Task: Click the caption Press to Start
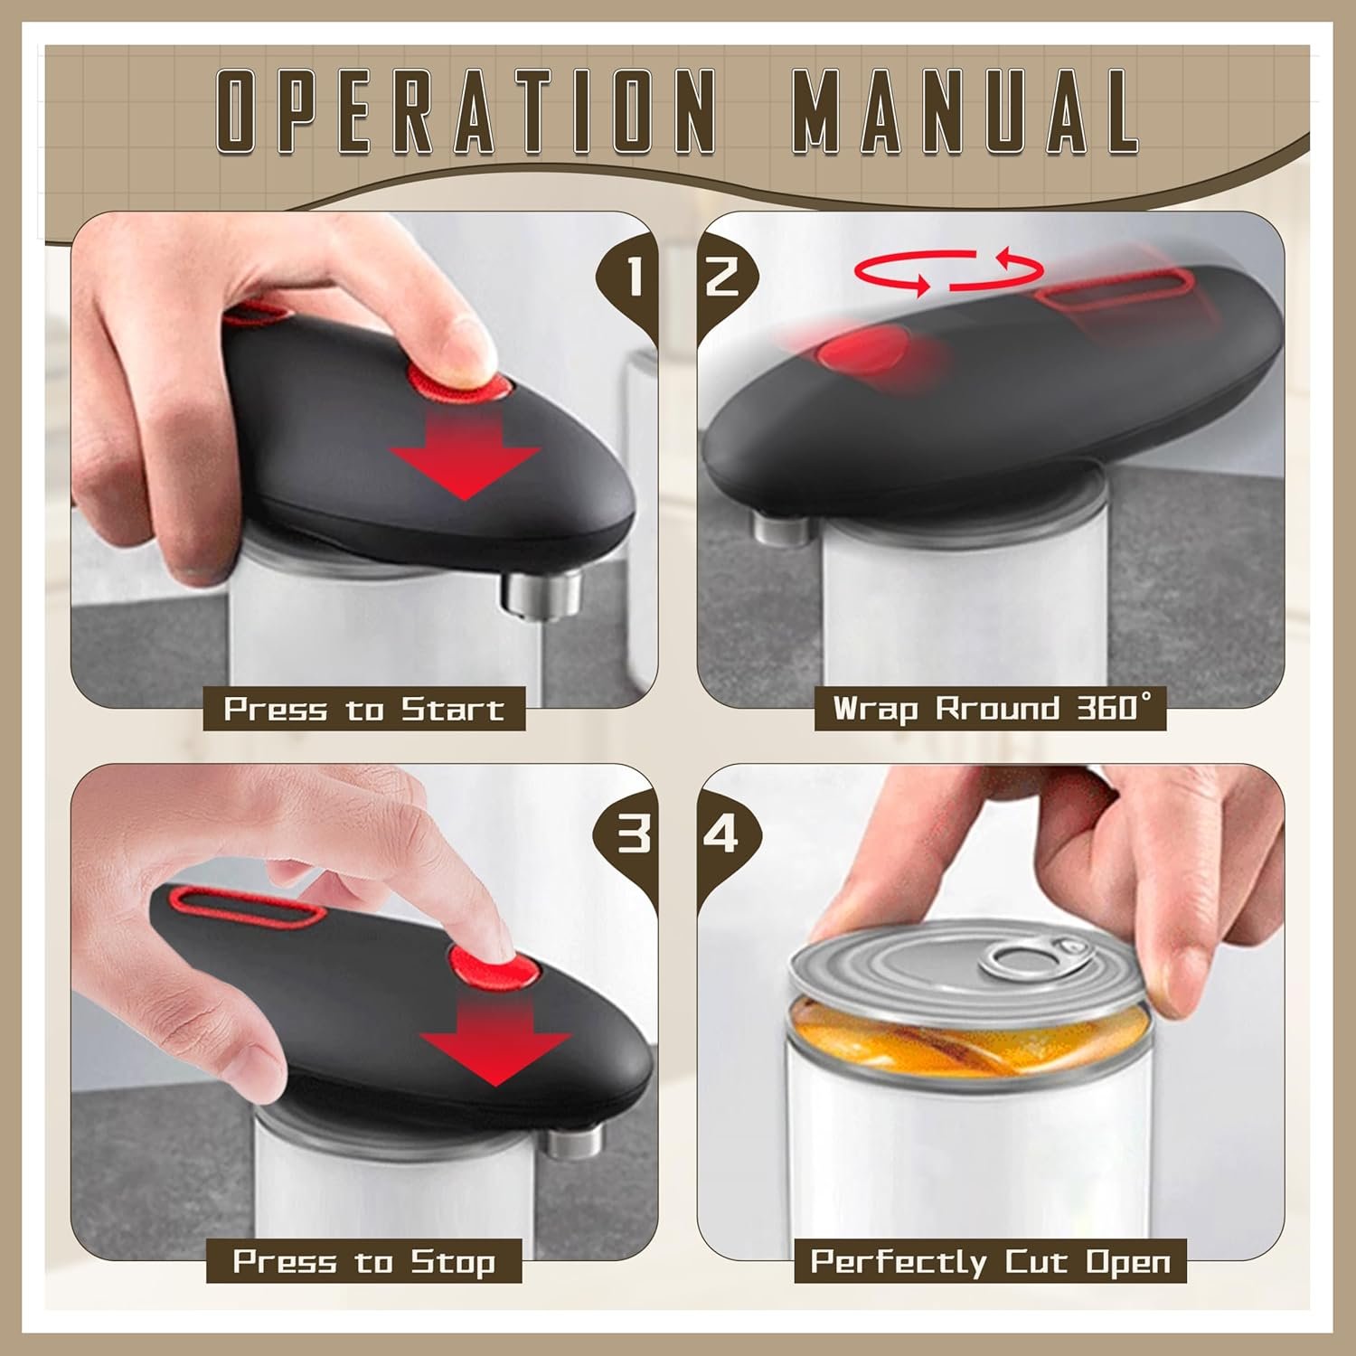pyautogui.click(x=363, y=710)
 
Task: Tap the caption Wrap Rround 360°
pyautogui.click(x=990, y=708)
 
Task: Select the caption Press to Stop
pyautogui.click(x=363, y=1261)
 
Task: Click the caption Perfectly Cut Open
pyautogui.click(x=990, y=1261)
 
